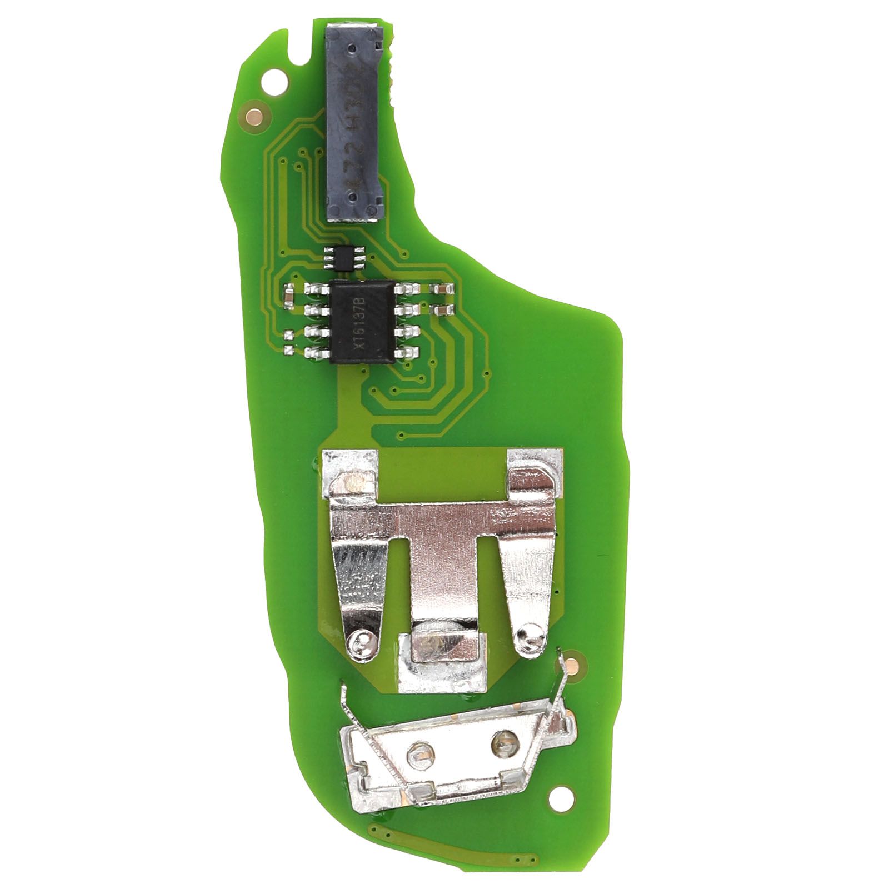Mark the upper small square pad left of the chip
pyautogui.click(x=289, y=335)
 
